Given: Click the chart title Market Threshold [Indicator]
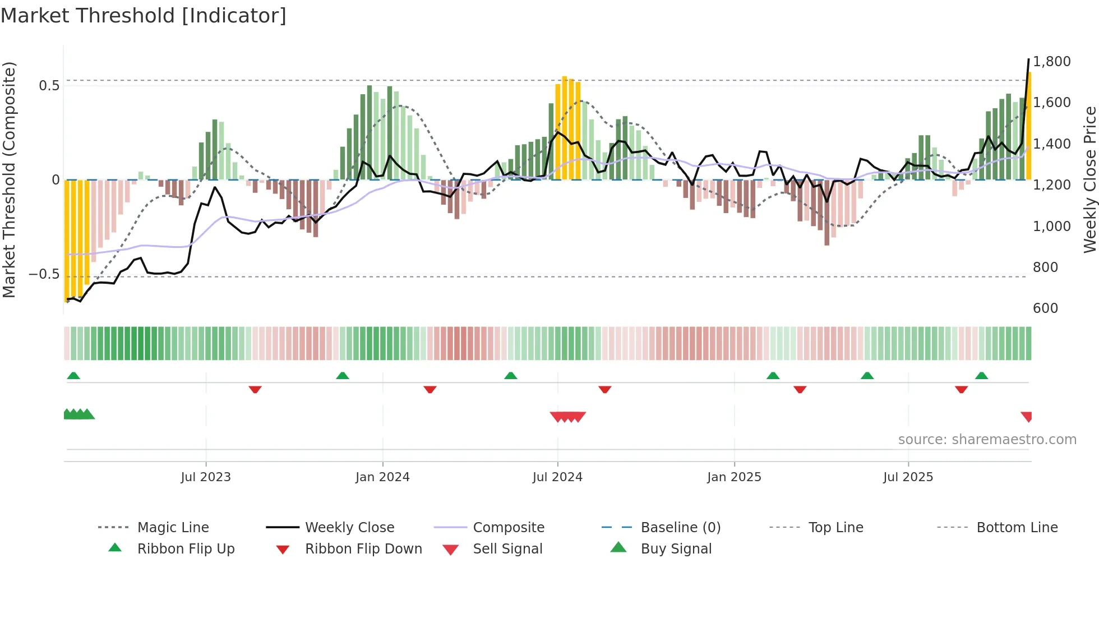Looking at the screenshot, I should pyautogui.click(x=144, y=16).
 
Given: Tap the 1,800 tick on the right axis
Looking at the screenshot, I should pyautogui.click(x=1051, y=61).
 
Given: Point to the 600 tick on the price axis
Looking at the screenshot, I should pyautogui.click(x=1045, y=308).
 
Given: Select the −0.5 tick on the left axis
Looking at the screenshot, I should pyautogui.click(x=44, y=274).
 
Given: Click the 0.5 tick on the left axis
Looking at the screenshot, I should pyautogui.click(x=49, y=85).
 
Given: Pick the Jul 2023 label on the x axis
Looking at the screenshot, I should pyautogui.click(x=206, y=477).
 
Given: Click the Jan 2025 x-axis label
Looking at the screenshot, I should pyautogui.click(x=734, y=477).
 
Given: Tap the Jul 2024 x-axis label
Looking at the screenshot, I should pyautogui.click(x=557, y=477).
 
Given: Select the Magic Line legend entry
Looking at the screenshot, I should pyautogui.click(x=173, y=527).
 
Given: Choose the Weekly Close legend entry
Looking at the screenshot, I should pyautogui.click(x=349, y=527).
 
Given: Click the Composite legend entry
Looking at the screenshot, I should pyautogui.click(x=509, y=527).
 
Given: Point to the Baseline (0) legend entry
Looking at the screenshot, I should pyautogui.click(x=680, y=527).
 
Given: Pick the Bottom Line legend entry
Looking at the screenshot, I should pyautogui.click(x=1017, y=527).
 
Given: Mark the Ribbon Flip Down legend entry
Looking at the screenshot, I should pyautogui.click(x=363, y=548).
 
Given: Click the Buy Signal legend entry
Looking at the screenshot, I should pyautogui.click(x=676, y=548).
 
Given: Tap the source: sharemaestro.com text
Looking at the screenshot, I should pyautogui.click(x=987, y=439).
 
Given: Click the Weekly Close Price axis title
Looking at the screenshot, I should pyautogui.click(x=1089, y=179).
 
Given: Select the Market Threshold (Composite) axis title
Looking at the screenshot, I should pyautogui.click(x=9, y=179).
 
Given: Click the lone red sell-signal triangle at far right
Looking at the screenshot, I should pyautogui.click(x=1027, y=416).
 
